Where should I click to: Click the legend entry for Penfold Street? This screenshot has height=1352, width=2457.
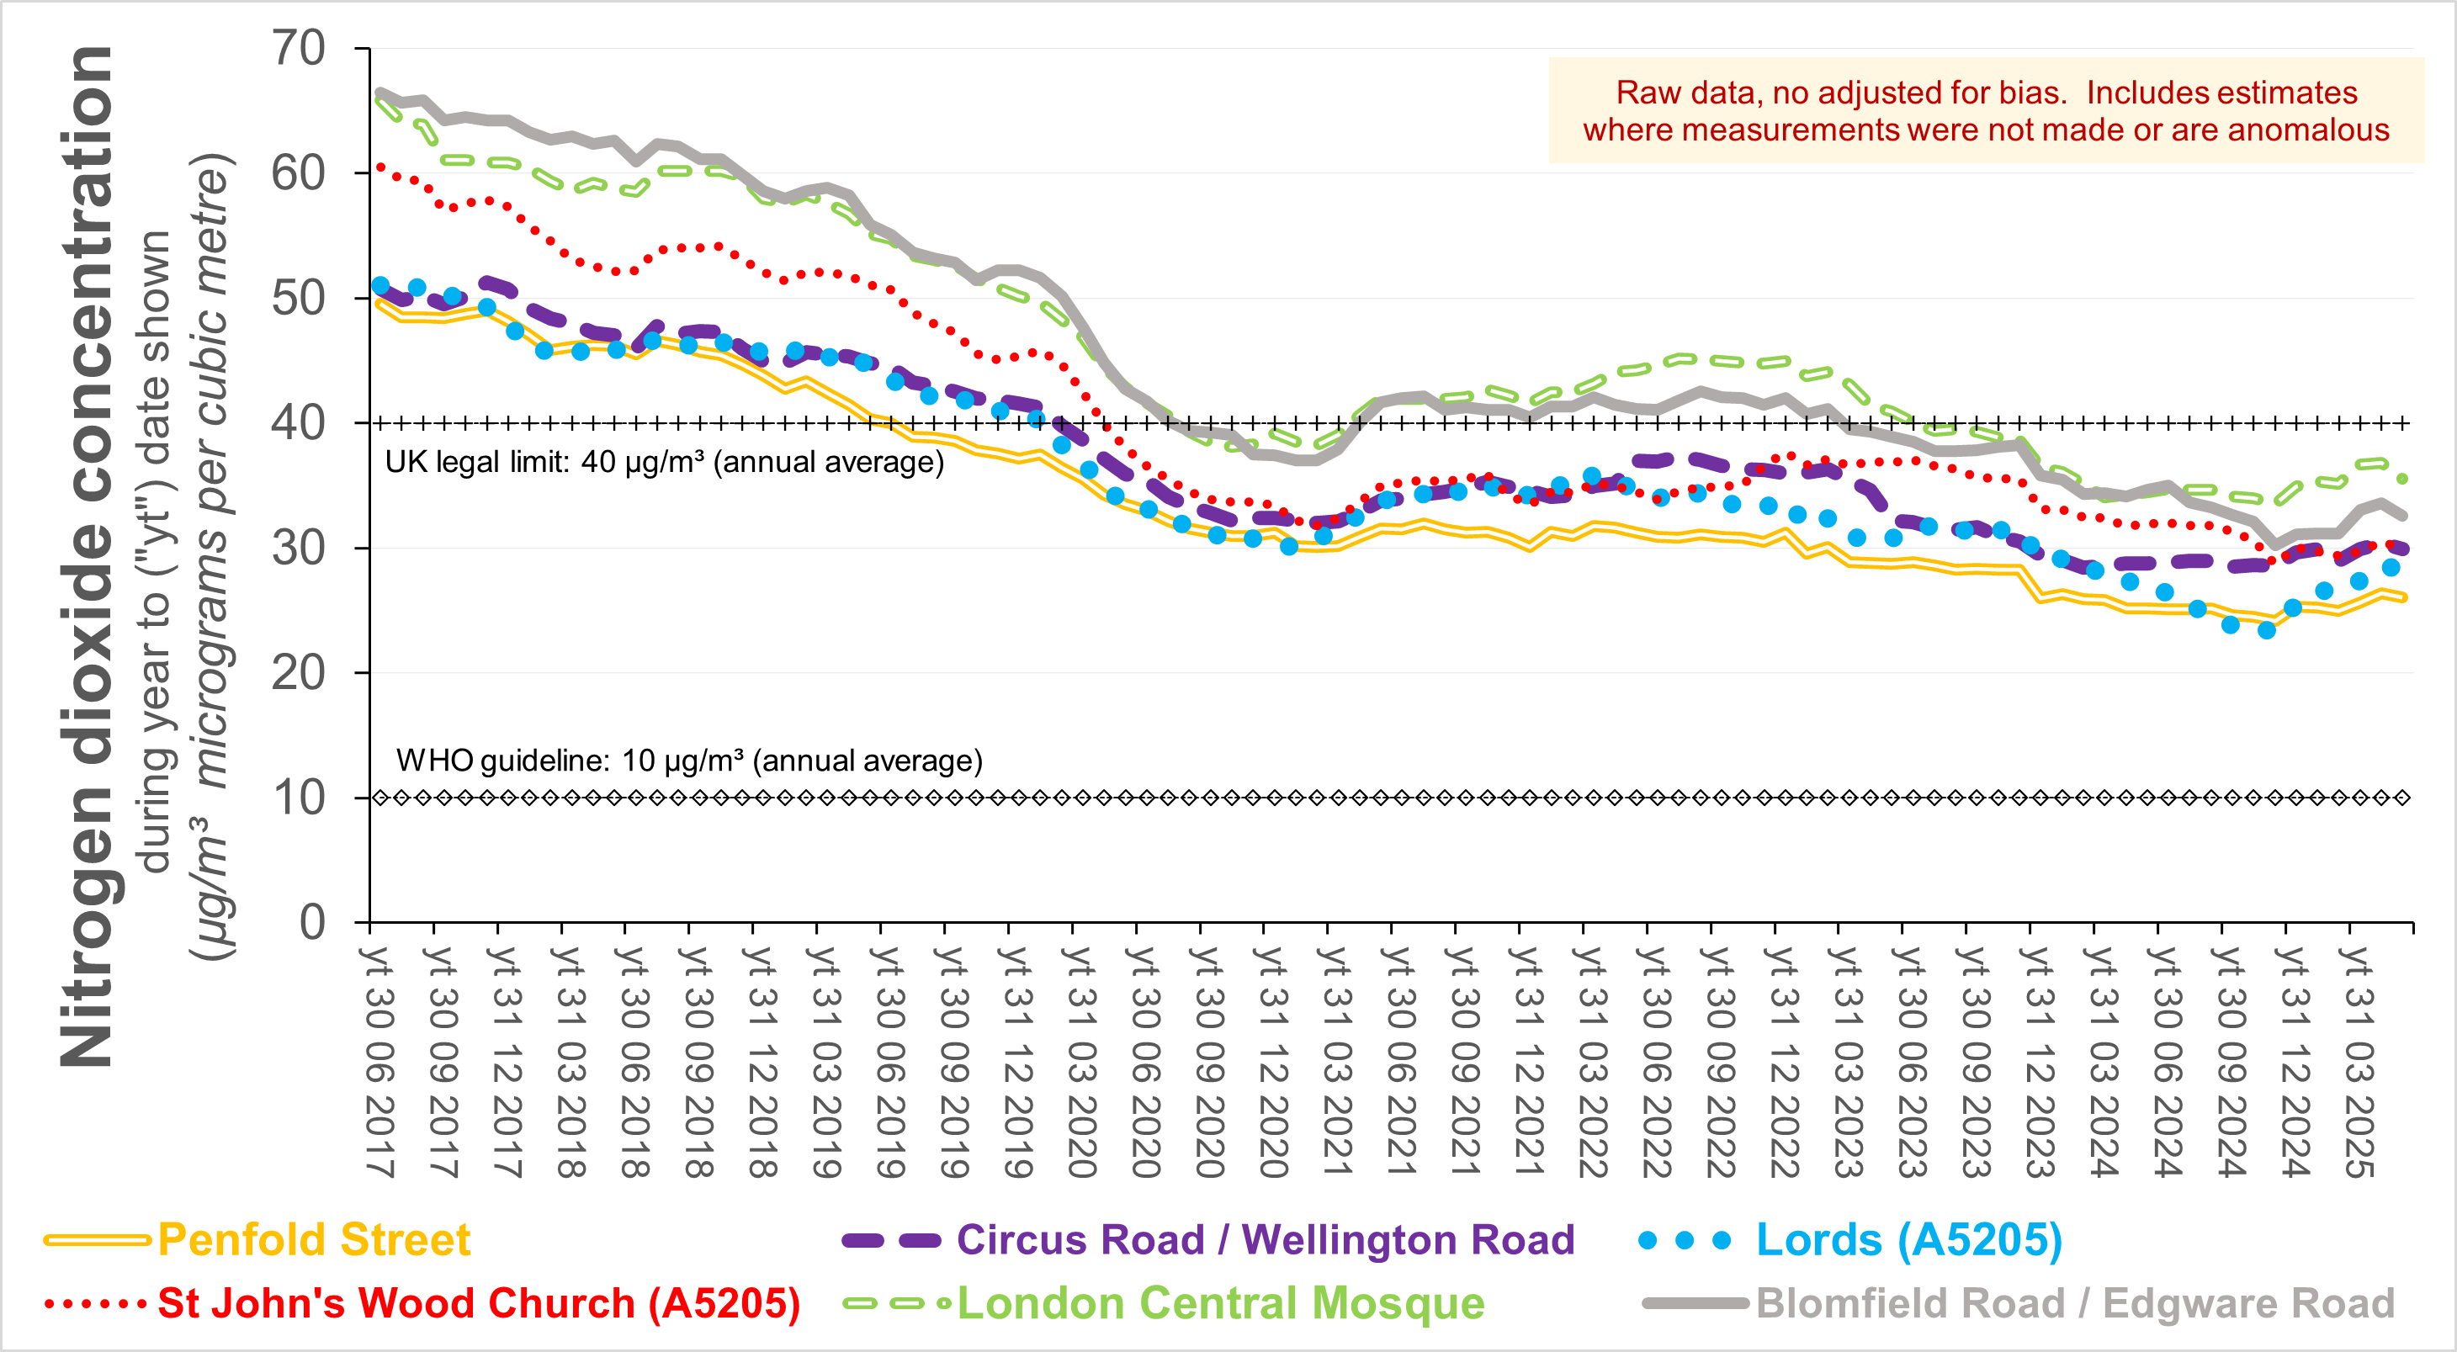pyautogui.click(x=313, y=1239)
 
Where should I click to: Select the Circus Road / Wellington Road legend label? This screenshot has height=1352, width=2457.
pyautogui.click(x=1265, y=1239)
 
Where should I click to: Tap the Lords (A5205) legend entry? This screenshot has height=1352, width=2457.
pyautogui.click(x=1908, y=1239)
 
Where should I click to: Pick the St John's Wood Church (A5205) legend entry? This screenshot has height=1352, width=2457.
pyautogui.click(x=478, y=1303)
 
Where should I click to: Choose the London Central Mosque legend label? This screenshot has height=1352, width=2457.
pyautogui.click(x=1220, y=1303)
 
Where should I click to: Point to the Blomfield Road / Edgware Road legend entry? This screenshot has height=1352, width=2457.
pyautogui.click(x=2074, y=1303)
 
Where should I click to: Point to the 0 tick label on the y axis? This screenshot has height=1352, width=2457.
pyautogui.click(x=312, y=922)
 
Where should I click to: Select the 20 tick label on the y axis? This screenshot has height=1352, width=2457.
pyautogui.click(x=299, y=673)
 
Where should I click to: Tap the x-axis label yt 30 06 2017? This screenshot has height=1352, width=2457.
pyautogui.click(x=379, y=1060)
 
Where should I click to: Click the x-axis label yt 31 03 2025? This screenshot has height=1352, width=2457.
pyautogui.click(x=2359, y=1060)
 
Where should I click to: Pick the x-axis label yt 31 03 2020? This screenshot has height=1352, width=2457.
pyautogui.click(x=1080, y=1060)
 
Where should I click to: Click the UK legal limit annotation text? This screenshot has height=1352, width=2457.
pyautogui.click(x=664, y=463)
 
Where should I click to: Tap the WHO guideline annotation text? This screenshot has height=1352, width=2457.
pyautogui.click(x=688, y=761)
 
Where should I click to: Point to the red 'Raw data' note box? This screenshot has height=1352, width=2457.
pyautogui.click(x=1986, y=110)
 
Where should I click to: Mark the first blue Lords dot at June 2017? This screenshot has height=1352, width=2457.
pyautogui.click(x=380, y=285)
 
